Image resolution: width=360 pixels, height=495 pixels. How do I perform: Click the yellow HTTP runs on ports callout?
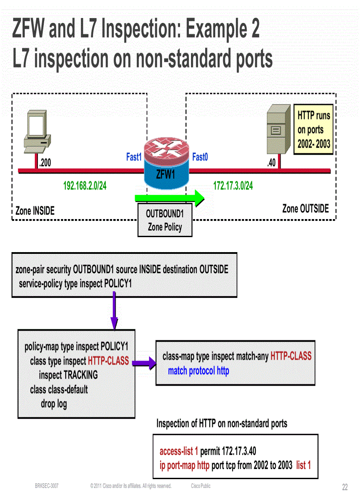[314, 130]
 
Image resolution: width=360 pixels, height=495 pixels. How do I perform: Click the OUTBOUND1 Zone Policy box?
[165, 220]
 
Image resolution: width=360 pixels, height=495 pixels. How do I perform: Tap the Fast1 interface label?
[133, 157]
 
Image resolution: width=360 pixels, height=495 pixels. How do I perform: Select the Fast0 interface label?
[200, 157]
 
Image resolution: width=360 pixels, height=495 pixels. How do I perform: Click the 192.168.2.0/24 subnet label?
[85, 186]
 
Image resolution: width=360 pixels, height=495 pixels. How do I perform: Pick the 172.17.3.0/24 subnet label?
[233, 186]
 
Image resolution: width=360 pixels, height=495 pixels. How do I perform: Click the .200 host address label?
[45, 163]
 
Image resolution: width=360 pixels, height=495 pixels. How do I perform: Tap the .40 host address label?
[271, 163]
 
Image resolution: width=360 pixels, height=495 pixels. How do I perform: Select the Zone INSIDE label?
[35, 211]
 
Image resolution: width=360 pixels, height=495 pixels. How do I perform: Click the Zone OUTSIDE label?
[305, 208]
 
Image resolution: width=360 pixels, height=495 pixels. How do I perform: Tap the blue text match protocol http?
[199, 371]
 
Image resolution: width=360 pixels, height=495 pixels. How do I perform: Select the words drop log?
[54, 403]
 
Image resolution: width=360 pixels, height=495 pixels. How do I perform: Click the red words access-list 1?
[179, 451]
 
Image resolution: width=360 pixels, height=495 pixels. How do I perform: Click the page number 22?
[345, 487]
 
